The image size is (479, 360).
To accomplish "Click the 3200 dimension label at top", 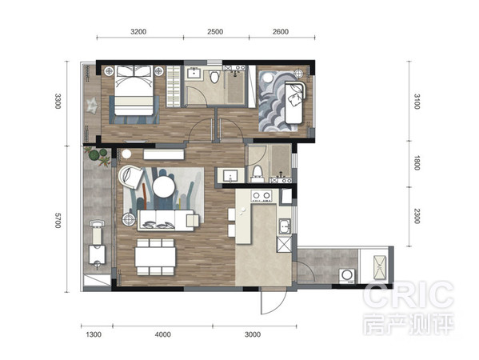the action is coord(138,32).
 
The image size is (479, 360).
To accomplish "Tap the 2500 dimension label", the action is coord(215,32).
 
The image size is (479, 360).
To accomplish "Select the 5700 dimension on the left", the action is coord(58,220).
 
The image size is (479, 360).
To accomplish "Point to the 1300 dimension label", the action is coord(94,334).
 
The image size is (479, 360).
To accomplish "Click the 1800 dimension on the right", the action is coord(417,163).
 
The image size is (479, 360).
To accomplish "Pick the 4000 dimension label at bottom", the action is coord(163,334).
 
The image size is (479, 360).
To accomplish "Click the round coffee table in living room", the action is coord(164,187).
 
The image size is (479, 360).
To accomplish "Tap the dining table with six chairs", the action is coord(155,257).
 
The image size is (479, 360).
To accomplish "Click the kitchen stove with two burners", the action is coord(261,195).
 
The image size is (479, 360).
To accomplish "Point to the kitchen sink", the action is coord(285,226).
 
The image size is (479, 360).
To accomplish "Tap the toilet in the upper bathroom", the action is coord(215,77).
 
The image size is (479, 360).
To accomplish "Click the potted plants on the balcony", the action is coord(98,156).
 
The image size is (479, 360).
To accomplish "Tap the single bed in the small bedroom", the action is coord(293,102).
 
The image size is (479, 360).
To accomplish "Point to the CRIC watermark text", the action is coord(408,296).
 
